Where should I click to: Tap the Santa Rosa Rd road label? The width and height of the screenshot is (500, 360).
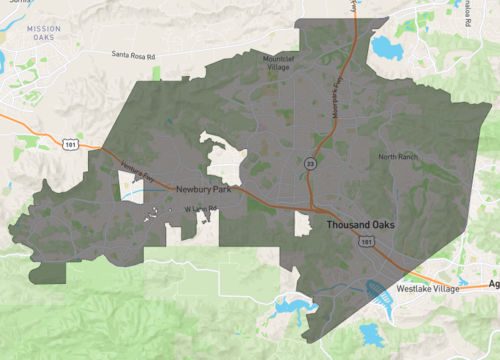pos(135,56)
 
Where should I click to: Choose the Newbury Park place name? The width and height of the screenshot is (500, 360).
pos(203,189)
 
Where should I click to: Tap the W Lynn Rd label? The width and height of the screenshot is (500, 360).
pos(200,208)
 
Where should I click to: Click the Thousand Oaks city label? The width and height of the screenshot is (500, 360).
pos(359,225)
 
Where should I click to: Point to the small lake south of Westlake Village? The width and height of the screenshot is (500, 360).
pos(370,333)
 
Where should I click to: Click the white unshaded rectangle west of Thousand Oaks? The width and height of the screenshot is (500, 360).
pos(302,224)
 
